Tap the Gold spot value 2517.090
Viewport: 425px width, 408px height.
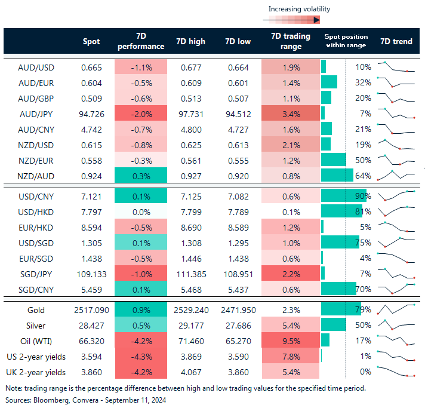click(92, 311)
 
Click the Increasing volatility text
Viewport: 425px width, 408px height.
click(299, 9)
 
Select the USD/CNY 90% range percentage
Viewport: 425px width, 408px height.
click(363, 197)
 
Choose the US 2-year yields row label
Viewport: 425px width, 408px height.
click(36, 357)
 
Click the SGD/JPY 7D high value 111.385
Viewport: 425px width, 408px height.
click(191, 274)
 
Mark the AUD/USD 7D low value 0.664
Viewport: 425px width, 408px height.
click(239, 67)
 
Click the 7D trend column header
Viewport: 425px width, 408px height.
click(396, 41)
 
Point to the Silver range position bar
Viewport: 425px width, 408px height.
click(334, 326)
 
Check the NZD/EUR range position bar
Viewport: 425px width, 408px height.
click(334, 160)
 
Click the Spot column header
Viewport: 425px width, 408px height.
click(92, 41)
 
